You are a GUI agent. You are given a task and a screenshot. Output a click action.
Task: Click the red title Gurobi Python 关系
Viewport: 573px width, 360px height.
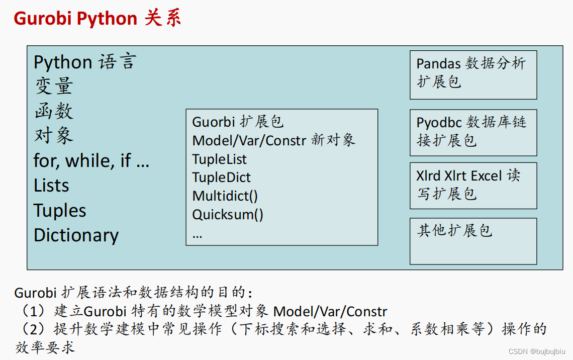[x=97, y=19]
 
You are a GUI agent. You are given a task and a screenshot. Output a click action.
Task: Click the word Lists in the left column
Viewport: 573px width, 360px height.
[x=51, y=186]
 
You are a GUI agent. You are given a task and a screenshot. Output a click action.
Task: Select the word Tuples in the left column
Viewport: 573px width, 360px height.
[x=60, y=210]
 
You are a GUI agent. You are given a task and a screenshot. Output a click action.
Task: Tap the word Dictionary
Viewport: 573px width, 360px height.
[x=76, y=235]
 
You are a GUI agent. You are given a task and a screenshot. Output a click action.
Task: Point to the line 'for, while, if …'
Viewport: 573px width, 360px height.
[x=91, y=161]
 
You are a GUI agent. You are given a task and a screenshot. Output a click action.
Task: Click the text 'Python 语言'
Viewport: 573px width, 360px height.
[x=84, y=62]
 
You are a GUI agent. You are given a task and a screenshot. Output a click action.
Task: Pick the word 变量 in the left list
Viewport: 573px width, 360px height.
[x=54, y=86]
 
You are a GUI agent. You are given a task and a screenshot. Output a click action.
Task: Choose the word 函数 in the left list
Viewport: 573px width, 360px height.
[x=54, y=111]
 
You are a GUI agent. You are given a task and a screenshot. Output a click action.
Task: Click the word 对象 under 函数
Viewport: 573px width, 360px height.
[x=54, y=136]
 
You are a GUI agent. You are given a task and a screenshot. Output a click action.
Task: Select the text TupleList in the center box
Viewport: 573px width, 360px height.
[x=219, y=159]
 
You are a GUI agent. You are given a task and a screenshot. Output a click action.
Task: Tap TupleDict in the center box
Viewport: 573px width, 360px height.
[x=221, y=177]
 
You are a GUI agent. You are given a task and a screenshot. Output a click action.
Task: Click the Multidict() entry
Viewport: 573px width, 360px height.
[x=225, y=196]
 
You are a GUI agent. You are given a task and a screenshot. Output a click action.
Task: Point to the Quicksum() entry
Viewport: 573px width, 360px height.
[x=227, y=215]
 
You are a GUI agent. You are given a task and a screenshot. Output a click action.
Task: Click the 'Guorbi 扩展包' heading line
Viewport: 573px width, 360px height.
[x=238, y=122]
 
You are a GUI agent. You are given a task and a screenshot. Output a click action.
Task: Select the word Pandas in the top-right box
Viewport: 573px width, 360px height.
[x=439, y=64]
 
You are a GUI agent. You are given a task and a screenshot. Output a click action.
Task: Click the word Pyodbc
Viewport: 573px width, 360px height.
[x=439, y=123]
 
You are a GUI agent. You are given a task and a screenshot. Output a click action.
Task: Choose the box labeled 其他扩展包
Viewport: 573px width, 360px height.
[x=473, y=241]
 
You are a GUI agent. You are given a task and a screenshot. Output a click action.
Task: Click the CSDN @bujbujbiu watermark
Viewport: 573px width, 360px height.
[x=537, y=351]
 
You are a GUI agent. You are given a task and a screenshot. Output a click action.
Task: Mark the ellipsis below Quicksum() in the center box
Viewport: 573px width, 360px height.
[x=197, y=234]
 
